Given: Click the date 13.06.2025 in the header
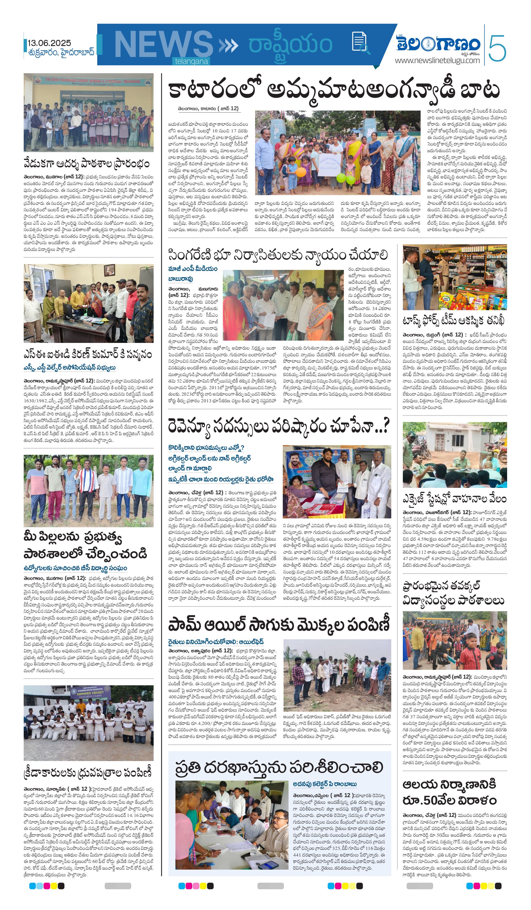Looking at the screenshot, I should click(49, 43).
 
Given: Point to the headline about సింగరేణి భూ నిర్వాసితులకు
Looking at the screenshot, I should click(278, 255).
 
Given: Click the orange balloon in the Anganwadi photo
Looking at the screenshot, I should click(300, 172).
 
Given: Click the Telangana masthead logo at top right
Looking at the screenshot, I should click(438, 44).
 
